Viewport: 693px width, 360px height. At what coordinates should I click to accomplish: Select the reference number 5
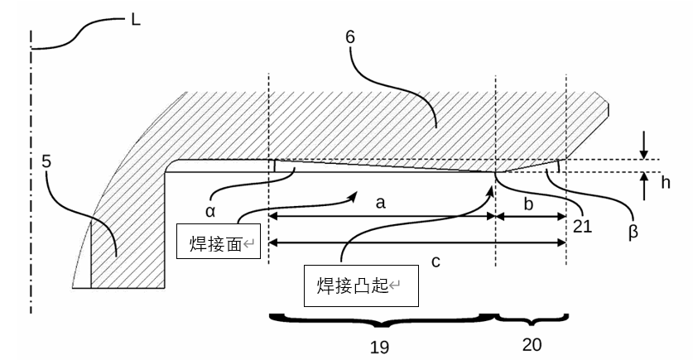pyautogui.click(x=48, y=160)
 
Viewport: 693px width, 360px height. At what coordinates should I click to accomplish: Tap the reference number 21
pyautogui.click(x=582, y=225)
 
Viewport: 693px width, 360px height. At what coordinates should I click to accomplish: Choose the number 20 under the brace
pyautogui.click(x=532, y=341)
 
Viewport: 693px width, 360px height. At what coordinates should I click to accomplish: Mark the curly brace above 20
pyautogui.click(x=530, y=317)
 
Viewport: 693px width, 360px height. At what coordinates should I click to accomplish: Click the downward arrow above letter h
pyautogui.click(x=644, y=147)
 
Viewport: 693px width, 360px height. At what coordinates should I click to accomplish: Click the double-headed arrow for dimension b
pyautogui.click(x=530, y=217)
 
